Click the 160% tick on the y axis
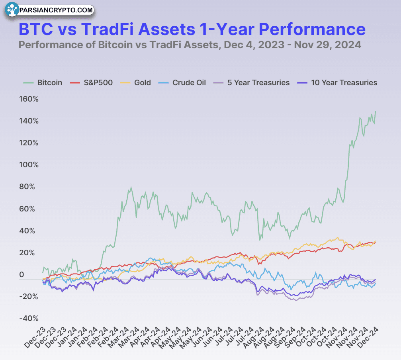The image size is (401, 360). [29, 99]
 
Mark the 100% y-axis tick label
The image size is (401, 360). [29, 165]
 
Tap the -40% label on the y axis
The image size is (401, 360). [29, 318]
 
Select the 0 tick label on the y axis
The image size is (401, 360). [22, 275]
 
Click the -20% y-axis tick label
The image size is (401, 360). [29, 296]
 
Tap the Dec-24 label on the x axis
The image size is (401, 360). [370, 334]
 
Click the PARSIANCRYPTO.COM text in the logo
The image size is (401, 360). [56, 10]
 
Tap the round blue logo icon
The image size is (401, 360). [12, 10]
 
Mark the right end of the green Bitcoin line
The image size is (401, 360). [376, 112]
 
